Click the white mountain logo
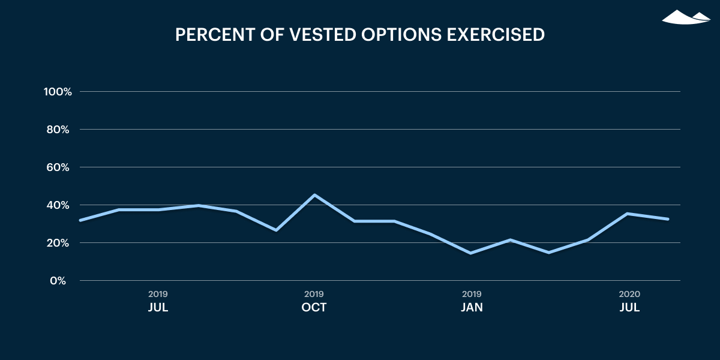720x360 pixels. (686, 17)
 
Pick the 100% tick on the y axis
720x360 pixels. (58, 92)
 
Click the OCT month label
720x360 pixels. (314, 307)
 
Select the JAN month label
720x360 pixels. (472, 307)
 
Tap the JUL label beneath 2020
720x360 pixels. (629, 307)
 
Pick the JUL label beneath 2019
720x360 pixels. (158, 307)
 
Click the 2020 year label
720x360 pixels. (629, 294)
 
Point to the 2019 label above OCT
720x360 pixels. (314, 294)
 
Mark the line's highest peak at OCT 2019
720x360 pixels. (314, 195)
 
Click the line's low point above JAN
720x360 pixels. (471, 253)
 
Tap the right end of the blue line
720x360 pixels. (668, 219)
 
